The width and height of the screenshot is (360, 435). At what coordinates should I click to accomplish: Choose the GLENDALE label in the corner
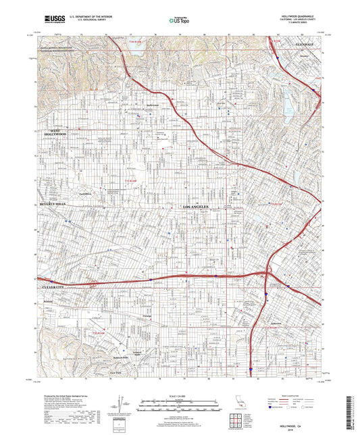[x=305, y=45]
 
